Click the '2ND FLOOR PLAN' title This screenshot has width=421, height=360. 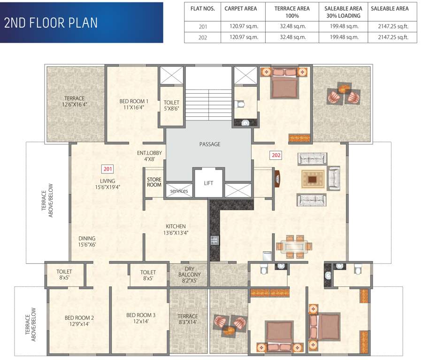[51, 23]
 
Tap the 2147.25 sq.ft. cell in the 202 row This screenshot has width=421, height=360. [389, 37]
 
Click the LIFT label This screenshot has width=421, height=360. [208, 183]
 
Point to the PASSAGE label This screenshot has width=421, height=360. [209, 144]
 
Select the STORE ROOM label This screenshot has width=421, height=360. [154, 182]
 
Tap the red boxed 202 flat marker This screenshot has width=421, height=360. [276, 155]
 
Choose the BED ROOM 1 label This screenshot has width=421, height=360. [134, 104]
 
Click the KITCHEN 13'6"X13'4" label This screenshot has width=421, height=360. [175, 229]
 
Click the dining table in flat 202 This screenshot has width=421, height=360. [293, 247]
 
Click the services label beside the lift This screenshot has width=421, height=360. [179, 191]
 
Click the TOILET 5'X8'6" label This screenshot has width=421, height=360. [171, 105]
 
